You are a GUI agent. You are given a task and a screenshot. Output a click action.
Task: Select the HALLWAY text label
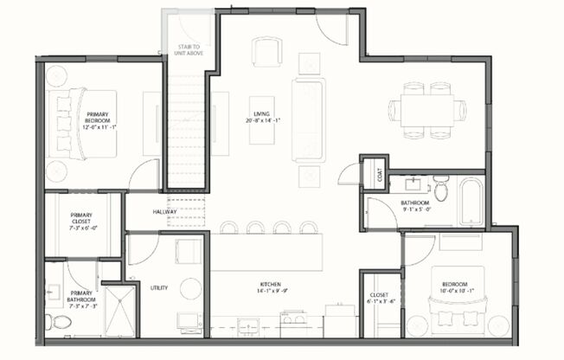click(165, 211)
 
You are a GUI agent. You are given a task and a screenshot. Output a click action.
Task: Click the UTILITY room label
click(158, 288)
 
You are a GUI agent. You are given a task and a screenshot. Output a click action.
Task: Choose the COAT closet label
click(378, 174)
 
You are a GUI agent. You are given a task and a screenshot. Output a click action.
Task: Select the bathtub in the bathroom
click(472, 201)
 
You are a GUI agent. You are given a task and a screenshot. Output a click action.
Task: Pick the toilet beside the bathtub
click(441, 189)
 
